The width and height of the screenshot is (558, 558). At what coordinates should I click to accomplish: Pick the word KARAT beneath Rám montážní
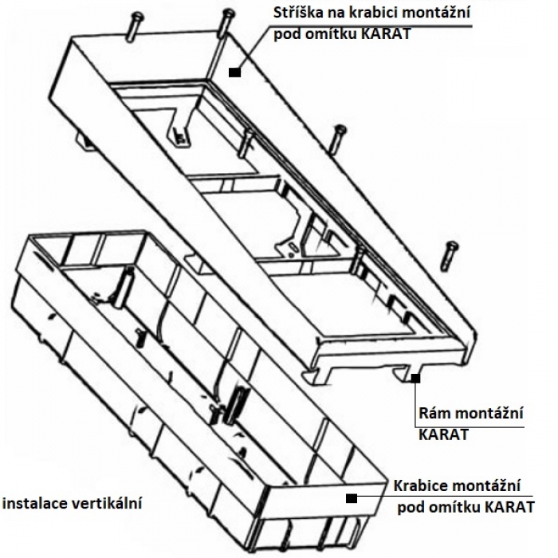tap(443, 436)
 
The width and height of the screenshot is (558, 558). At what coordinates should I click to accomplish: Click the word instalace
tap(36, 503)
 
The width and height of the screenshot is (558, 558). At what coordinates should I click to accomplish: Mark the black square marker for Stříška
tap(234, 72)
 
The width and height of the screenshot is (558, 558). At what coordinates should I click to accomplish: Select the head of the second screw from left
tap(228, 13)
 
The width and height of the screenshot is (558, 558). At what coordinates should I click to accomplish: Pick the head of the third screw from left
tap(341, 129)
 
